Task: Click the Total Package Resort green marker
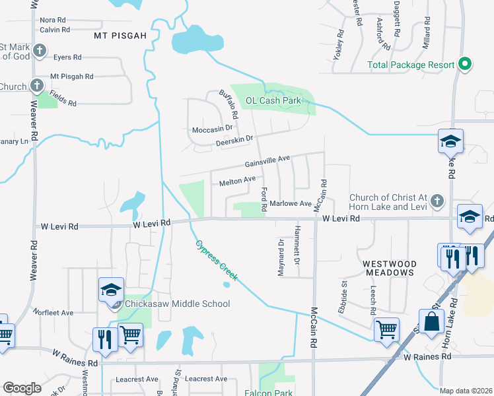pos(465,65)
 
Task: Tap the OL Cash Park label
pos(273,100)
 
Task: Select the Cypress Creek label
pos(215,260)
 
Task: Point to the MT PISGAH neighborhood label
pos(120,35)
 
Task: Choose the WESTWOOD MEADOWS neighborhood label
pos(389,267)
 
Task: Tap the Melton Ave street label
pos(237,180)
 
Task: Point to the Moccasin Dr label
pos(213,129)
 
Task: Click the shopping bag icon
pos(432,322)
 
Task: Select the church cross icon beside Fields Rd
pos(37,86)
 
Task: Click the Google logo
pos(22,388)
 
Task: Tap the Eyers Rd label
pos(67,57)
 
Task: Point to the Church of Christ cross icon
pos(436,201)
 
